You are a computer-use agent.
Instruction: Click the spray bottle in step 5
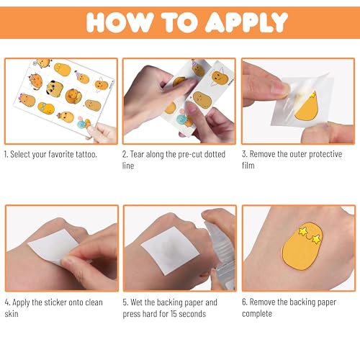click(x=218, y=248)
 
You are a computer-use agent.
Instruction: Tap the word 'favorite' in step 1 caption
click(x=66, y=154)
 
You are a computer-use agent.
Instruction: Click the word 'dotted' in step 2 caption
click(x=209, y=154)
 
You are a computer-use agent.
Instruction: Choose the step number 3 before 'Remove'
click(x=246, y=154)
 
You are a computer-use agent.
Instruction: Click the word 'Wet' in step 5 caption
click(x=141, y=302)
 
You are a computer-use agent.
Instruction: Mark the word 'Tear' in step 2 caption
click(x=141, y=154)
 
